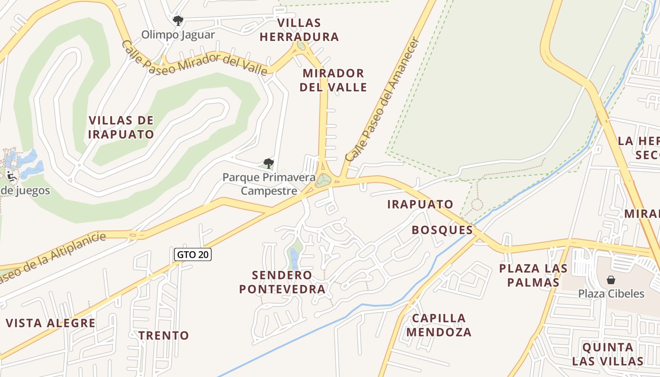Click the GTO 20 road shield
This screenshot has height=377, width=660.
pos(192,254)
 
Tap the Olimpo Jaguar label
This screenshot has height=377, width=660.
pos(178,35)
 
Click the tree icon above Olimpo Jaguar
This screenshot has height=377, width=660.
pos(178,20)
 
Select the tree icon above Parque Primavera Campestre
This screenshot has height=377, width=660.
pos(268,164)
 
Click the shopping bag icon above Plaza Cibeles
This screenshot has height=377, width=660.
pos(611,280)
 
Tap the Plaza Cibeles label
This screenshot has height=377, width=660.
pos(611,294)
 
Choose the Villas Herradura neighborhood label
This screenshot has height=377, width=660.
pos(299,30)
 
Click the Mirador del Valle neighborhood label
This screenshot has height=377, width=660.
pos(334,80)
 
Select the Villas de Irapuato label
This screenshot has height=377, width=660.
pos(121,127)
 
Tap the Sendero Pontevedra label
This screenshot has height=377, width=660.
pos(282,282)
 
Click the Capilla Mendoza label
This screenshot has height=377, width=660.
pos(439,325)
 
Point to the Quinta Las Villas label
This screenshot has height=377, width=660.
pos(608,354)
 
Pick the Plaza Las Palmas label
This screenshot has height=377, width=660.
pos(533,275)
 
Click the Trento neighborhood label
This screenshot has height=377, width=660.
pos(164,336)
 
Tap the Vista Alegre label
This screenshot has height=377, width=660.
pos(50,323)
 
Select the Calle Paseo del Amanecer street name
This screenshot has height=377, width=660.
pos(382,100)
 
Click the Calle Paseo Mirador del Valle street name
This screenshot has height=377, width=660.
pos(194,58)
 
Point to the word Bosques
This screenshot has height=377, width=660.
pos(442,230)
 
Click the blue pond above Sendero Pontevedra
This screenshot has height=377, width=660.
pos(294,258)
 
